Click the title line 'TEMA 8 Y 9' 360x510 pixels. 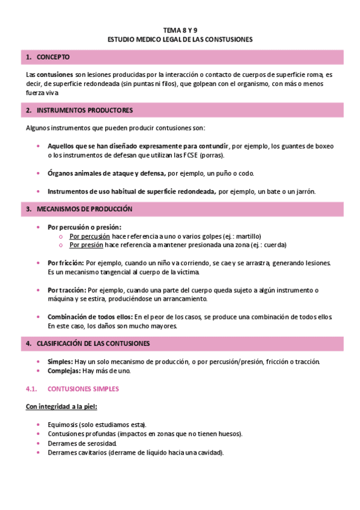[x=180, y=29]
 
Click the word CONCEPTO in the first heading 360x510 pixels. [x=53, y=57]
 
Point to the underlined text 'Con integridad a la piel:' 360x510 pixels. [x=62, y=407]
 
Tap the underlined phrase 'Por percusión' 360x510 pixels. [x=89, y=236]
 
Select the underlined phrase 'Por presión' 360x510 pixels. [x=86, y=245]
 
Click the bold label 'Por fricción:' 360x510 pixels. [x=66, y=263]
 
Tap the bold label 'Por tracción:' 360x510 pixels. [x=67, y=290]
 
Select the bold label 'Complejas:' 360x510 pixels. [x=64, y=370]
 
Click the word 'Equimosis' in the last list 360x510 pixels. [x=63, y=425]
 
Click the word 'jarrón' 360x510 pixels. [x=304, y=191]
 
